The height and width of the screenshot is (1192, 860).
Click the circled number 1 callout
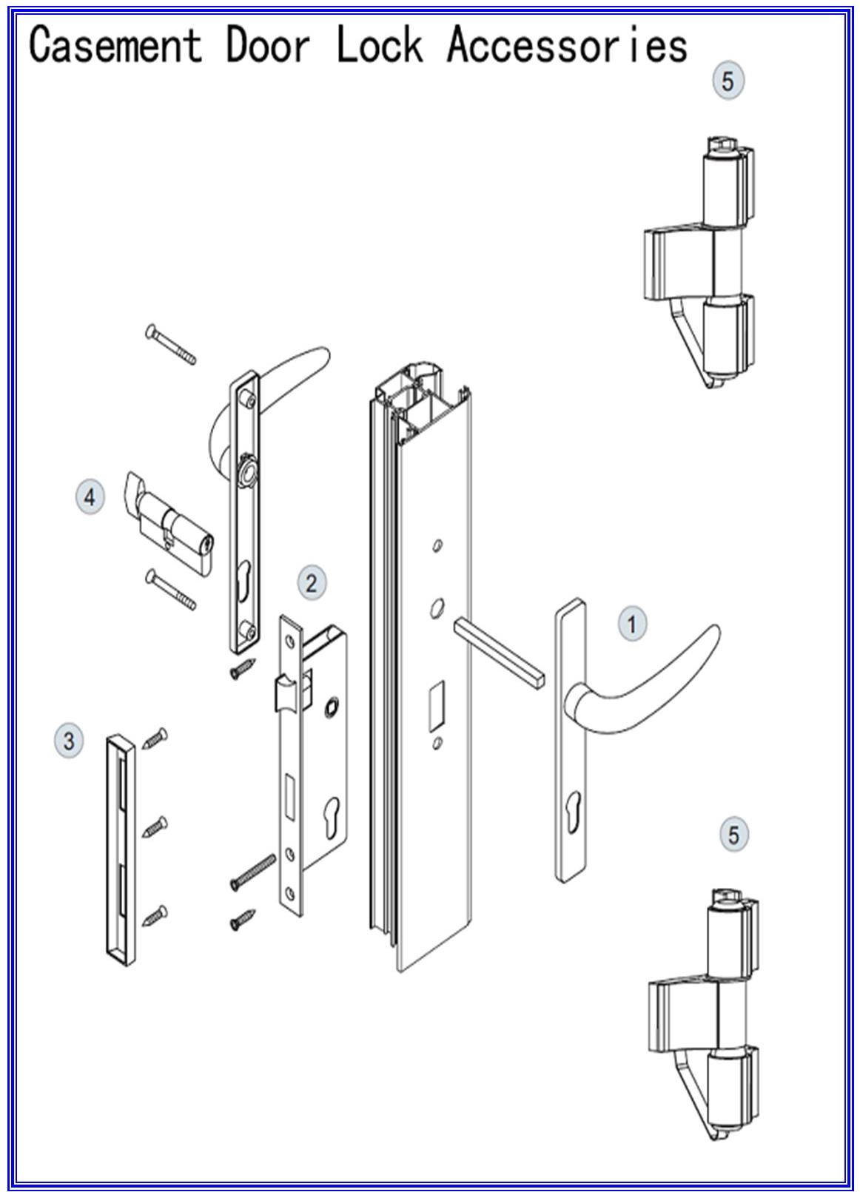[631, 624]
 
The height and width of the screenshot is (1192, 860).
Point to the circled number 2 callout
[311, 582]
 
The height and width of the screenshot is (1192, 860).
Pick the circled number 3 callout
[70, 740]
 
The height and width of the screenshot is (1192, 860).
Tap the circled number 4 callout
[90, 496]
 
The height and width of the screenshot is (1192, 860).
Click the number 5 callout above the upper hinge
[728, 80]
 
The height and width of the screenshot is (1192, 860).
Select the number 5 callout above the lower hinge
[733, 835]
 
